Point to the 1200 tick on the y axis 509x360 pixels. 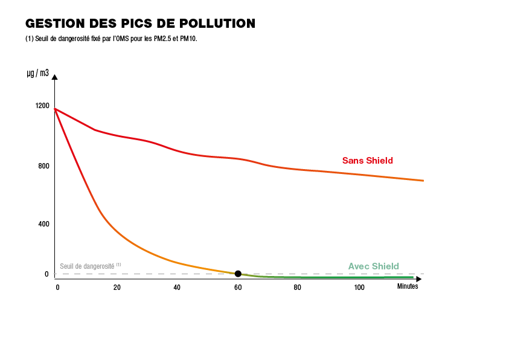click(x=42, y=106)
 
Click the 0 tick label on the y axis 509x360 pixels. click(x=46, y=274)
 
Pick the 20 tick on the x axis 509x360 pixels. click(x=117, y=288)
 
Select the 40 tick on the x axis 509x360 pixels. click(x=177, y=288)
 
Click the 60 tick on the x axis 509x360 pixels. click(x=238, y=288)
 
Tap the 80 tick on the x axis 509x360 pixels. click(x=298, y=288)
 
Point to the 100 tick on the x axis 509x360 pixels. click(x=359, y=288)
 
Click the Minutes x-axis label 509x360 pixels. click(x=408, y=287)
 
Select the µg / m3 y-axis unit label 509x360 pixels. click(x=37, y=73)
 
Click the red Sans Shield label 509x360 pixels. click(x=368, y=161)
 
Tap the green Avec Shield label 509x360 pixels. click(x=374, y=266)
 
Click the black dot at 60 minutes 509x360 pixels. click(x=238, y=274)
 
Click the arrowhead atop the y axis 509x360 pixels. click(x=55, y=77)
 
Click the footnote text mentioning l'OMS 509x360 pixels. click(x=112, y=39)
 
